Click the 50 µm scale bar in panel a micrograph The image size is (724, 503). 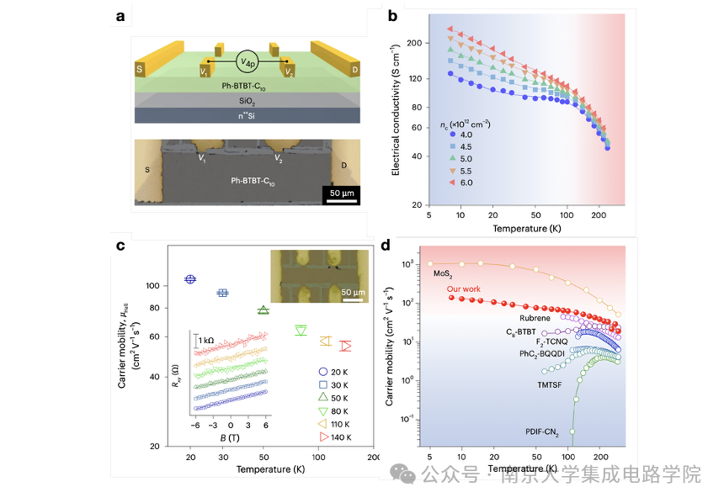pyautogui.click(x=339, y=198)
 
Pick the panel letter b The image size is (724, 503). pyautogui.click(x=393, y=14)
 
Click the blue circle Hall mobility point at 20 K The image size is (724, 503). pyautogui.click(x=191, y=278)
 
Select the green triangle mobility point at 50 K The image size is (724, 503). pyautogui.click(x=264, y=310)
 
